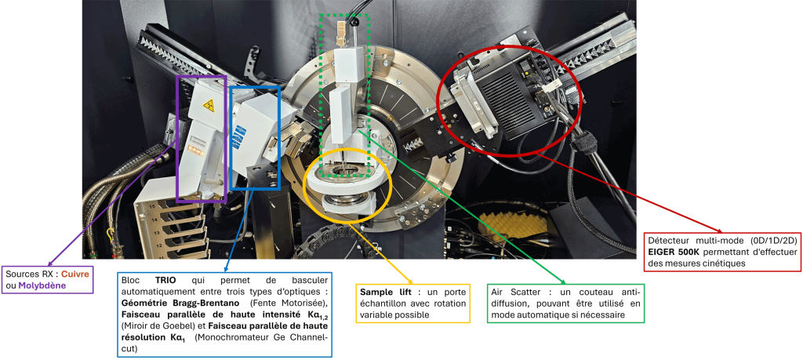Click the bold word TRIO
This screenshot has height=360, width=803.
[166, 281]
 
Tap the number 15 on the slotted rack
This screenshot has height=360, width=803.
[151, 206]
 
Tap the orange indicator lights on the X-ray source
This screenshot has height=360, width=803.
[195, 147]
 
